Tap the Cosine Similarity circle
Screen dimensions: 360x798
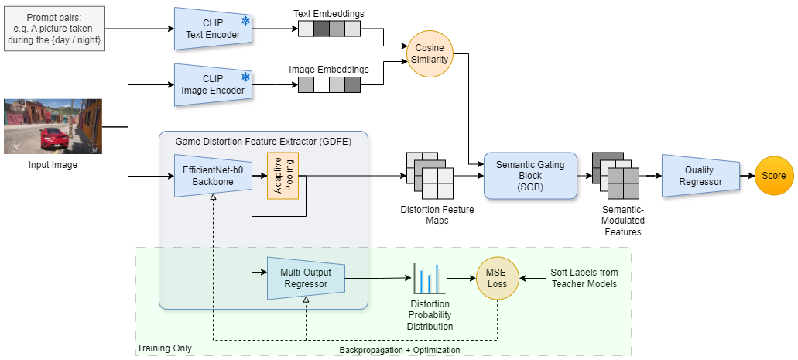tap(430, 53)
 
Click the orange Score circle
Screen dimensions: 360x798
tap(774, 176)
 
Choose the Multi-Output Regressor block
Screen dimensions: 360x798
tap(306, 278)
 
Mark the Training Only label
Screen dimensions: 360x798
tap(164, 349)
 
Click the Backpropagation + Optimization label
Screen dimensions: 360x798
tap(399, 350)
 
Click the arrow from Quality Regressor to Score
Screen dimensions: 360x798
tap(746, 176)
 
